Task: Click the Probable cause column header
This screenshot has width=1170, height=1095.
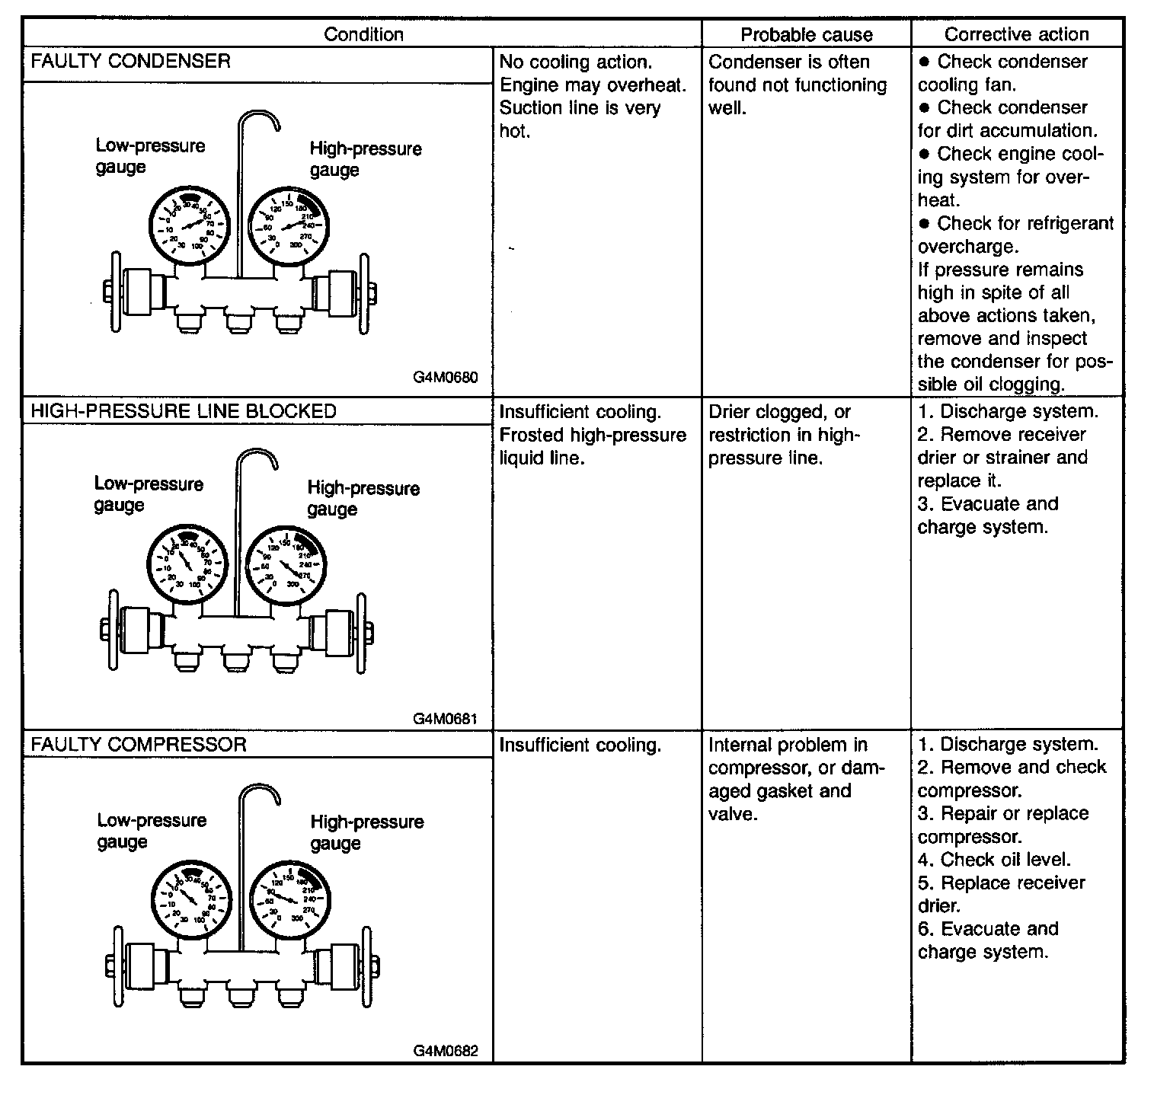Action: [806, 34]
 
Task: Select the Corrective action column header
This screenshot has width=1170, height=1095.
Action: [1016, 34]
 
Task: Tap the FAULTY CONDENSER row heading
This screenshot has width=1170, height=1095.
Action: [130, 61]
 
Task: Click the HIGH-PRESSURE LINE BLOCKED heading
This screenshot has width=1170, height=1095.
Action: [183, 411]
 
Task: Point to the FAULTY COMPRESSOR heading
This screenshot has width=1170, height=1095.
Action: [139, 744]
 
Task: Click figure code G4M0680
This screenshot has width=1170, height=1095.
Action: [446, 378]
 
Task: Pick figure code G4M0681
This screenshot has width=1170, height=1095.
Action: [446, 718]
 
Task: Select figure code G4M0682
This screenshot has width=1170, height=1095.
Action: [446, 1051]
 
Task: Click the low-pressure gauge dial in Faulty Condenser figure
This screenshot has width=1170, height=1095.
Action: [188, 225]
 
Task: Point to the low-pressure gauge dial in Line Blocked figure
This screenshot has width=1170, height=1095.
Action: [186, 563]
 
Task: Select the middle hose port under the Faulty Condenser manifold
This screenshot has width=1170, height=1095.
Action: [238, 320]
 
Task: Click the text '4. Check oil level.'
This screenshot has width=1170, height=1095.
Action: [994, 860]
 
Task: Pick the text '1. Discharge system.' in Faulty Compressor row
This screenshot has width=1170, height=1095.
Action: [1008, 744]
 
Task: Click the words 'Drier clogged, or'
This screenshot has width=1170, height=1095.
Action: [779, 412]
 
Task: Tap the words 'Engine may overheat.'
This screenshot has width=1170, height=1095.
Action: [593, 85]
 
